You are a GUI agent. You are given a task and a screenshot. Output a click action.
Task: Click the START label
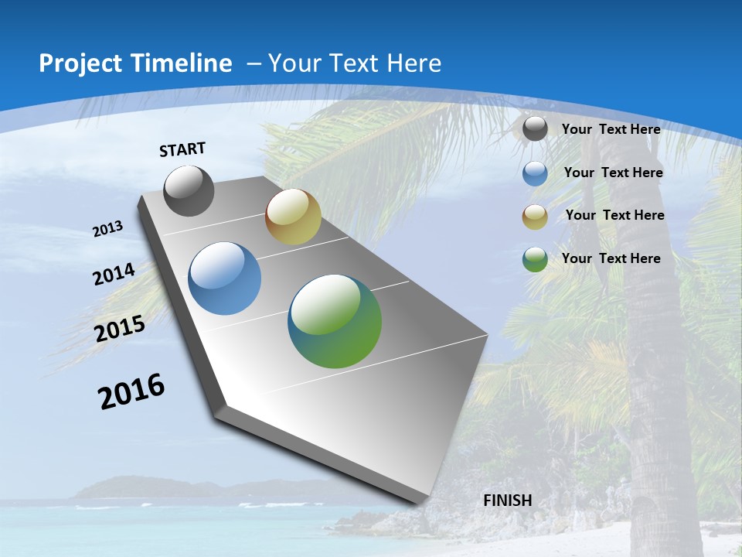[182, 149]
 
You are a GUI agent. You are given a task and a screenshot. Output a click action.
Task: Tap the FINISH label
[507, 501]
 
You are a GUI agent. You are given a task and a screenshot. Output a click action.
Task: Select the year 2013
[107, 229]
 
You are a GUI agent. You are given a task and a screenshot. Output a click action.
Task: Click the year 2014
[114, 275]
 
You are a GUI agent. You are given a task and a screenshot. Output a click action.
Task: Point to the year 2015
[120, 329]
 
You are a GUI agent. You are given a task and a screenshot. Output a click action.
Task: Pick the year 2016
[131, 391]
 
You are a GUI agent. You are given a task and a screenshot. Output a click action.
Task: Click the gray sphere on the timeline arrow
[189, 191]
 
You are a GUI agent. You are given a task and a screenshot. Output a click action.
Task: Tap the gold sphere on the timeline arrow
[293, 217]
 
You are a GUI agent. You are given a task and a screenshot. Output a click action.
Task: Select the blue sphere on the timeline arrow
[225, 278]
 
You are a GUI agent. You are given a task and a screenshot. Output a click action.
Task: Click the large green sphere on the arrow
[335, 321]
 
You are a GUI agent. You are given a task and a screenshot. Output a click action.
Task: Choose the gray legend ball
[535, 129]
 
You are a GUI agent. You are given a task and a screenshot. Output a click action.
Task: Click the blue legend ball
[535, 173]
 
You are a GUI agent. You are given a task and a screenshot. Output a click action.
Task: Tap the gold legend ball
[535, 217]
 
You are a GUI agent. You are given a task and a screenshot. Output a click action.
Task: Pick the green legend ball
[535, 259]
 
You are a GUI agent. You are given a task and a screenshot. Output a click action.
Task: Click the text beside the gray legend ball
[611, 129]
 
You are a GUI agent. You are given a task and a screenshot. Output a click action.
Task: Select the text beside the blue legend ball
[613, 173]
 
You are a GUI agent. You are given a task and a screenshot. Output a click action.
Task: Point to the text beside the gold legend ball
[614, 215]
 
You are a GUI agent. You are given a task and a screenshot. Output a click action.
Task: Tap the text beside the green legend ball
[611, 258]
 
